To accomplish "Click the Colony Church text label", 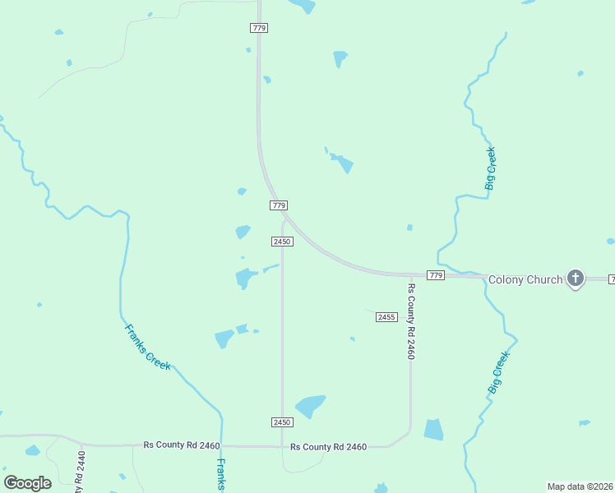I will (x=525, y=279).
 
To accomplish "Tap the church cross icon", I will (x=576, y=279).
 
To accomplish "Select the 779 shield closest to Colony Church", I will (x=436, y=274).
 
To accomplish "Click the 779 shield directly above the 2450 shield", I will (x=279, y=205).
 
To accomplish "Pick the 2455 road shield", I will (x=386, y=316).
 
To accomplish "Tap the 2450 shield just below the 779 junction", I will (x=282, y=241).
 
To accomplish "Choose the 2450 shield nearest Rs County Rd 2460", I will (x=282, y=422).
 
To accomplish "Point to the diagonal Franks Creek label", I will (x=148, y=347).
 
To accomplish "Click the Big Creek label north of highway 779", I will (x=491, y=168).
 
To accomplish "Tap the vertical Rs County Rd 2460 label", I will (x=411, y=321).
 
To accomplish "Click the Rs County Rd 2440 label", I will (x=81, y=472).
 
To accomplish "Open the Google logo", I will (x=27, y=483).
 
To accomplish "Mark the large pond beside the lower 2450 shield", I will (x=310, y=406).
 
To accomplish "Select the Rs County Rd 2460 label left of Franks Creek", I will (x=181, y=445).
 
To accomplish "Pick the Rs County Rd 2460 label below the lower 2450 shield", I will (x=328, y=447).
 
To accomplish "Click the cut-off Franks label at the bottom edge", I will (x=220, y=476).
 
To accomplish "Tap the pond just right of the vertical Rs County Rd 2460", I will (x=433, y=430).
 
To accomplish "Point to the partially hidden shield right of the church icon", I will (x=611, y=280).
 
